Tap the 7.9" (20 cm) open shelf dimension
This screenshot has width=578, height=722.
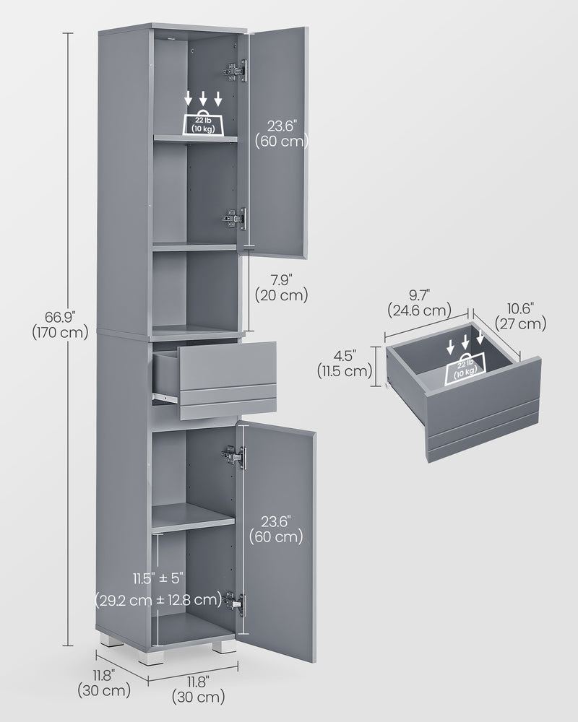click(x=281, y=287)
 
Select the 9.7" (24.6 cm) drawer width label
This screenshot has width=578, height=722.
click(x=418, y=303)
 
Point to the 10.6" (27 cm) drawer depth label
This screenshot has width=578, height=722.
click(x=520, y=317)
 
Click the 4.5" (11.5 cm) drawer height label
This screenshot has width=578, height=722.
click(x=344, y=364)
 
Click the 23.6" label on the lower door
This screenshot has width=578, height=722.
click(x=275, y=529)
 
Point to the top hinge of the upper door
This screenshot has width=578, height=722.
click(x=235, y=70)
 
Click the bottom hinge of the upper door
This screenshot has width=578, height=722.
click(x=235, y=218)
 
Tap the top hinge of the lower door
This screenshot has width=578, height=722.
click(x=233, y=455)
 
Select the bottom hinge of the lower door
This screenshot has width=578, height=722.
click(x=234, y=602)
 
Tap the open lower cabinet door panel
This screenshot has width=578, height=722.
click(x=278, y=578)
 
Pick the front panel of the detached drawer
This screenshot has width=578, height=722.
click(x=483, y=412)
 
